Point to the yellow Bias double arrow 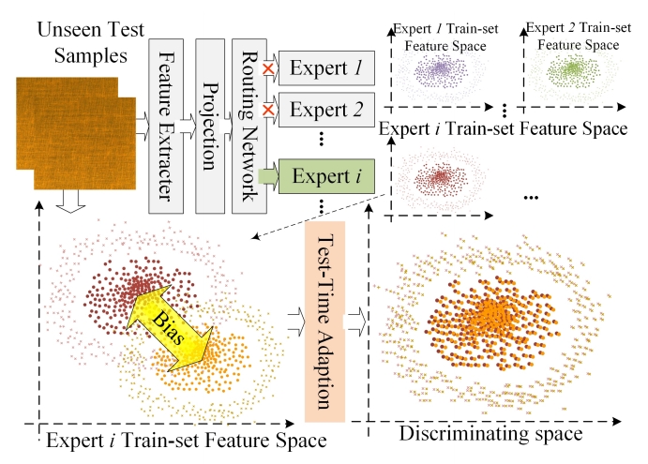coord(174,323)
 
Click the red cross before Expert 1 coord(266,68)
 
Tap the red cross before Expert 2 coord(266,111)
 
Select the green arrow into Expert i coord(266,175)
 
